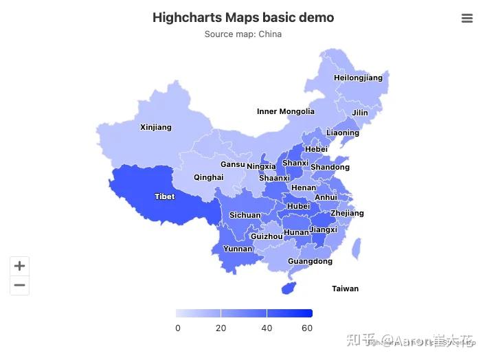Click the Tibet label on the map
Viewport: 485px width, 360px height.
tap(165, 197)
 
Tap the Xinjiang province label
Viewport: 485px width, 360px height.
tap(156, 127)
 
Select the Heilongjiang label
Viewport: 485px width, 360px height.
tap(358, 78)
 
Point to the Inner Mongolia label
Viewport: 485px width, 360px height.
tap(286, 111)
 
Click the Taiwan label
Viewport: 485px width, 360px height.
tap(345, 289)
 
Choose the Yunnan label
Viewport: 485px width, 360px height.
tap(238, 249)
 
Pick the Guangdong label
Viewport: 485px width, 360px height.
tap(310, 261)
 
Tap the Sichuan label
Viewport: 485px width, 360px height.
tap(245, 215)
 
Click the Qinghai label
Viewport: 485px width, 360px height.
tap(208, 177)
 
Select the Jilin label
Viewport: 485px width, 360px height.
tap(360, 113)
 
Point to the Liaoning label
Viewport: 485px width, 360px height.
tap(343, 133)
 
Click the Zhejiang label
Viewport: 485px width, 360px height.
tap(347, 213)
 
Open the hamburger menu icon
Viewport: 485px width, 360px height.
tap(467, 19)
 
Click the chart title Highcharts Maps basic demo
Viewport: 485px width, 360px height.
tap(243, 18)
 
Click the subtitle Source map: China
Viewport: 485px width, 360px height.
tap(243, 34)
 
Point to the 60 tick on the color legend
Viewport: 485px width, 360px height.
tap(307, 328)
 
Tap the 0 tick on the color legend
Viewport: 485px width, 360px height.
tap(178, 328)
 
